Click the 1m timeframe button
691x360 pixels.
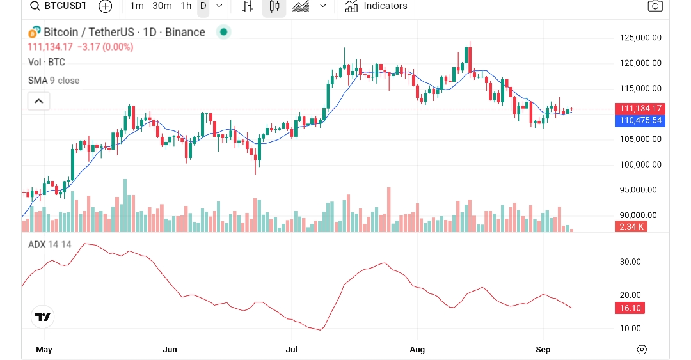click(x=136, y=6)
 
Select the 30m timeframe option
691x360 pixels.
click(x=162, y=6)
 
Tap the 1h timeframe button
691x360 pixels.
click(x=186, y=6)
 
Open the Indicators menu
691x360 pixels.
click(x=376, y=6)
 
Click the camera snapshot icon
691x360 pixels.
click(x=655, y=6)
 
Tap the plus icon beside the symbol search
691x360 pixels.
click(x=106, y=6)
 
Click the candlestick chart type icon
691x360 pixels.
click(x=274, y=6)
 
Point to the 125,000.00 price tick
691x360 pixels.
click(x=640, y=38)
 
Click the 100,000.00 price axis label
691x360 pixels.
click(x=640, y=164)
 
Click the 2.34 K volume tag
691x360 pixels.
click(x=630, y=226)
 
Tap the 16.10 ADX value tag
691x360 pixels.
click(x=630, y=308)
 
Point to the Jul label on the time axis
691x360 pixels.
click(x=291, y=350)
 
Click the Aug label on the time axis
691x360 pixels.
click(x=417, y=350)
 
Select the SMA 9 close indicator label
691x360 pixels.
click(x=54, y=81)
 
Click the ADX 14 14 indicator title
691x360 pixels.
click(x=50, y=244)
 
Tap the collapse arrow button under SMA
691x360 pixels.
click(x=38, y=101)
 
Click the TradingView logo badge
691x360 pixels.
click(x=43, y=317)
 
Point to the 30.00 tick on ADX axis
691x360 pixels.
click(x=630, y=262)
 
